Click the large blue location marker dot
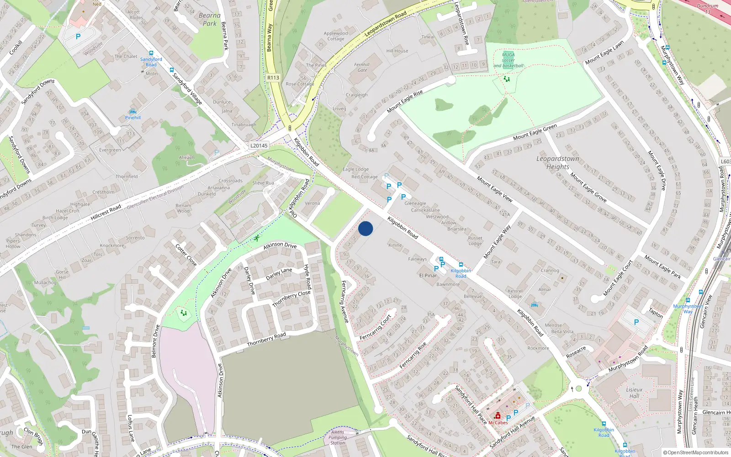[365, 228]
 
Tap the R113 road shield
[273, 78]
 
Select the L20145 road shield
[259, 146]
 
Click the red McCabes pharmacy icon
[498, 415]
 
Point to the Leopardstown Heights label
[557, 163]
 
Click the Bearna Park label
[210, 19]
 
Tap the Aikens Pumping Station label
[338, 437]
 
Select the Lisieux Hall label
[634, 393]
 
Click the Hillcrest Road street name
[106, 213]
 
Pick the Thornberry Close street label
[291, 299]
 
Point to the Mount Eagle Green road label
[535, 133]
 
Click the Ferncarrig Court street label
[376, 327]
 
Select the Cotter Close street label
[186, 255]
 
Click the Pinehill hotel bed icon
[133, 112]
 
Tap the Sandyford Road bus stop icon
[151, 53]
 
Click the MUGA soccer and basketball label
[508, 60]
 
